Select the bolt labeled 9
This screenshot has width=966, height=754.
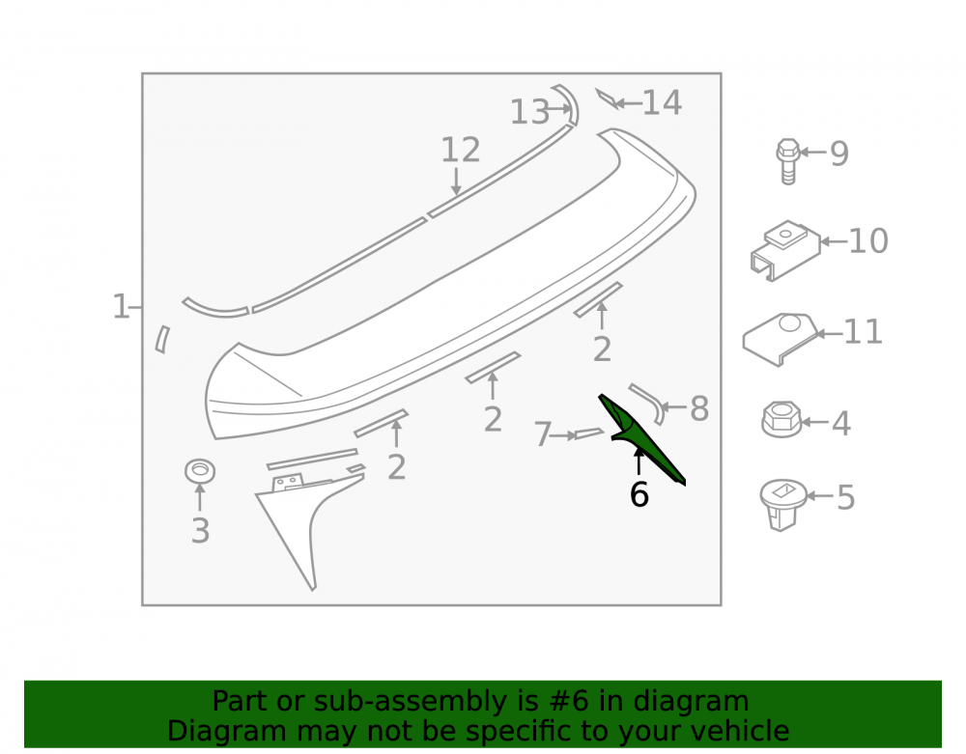click(788, 161)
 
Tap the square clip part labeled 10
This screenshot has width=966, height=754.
click(784, 250)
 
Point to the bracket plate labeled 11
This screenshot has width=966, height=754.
click(780, 339)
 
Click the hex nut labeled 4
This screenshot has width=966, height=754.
click(781, 419)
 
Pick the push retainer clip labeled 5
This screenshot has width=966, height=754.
click(782, 505)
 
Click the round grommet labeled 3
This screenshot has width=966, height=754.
click(200, 471)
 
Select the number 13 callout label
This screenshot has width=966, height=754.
click(529, 113)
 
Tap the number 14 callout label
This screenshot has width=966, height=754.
click(663, 102)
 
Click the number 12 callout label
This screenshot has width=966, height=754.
click(460, 151)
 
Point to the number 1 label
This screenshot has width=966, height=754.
click(121, 307)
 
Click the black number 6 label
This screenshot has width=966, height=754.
click(639, 494)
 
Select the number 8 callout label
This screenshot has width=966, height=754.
click(699, 408)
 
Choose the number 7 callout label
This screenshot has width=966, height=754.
click(542, 434)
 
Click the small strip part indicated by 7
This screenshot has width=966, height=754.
click(589, 433)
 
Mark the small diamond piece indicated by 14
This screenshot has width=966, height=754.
click(607, 98)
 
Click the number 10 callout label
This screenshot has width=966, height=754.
click(868, 240)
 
